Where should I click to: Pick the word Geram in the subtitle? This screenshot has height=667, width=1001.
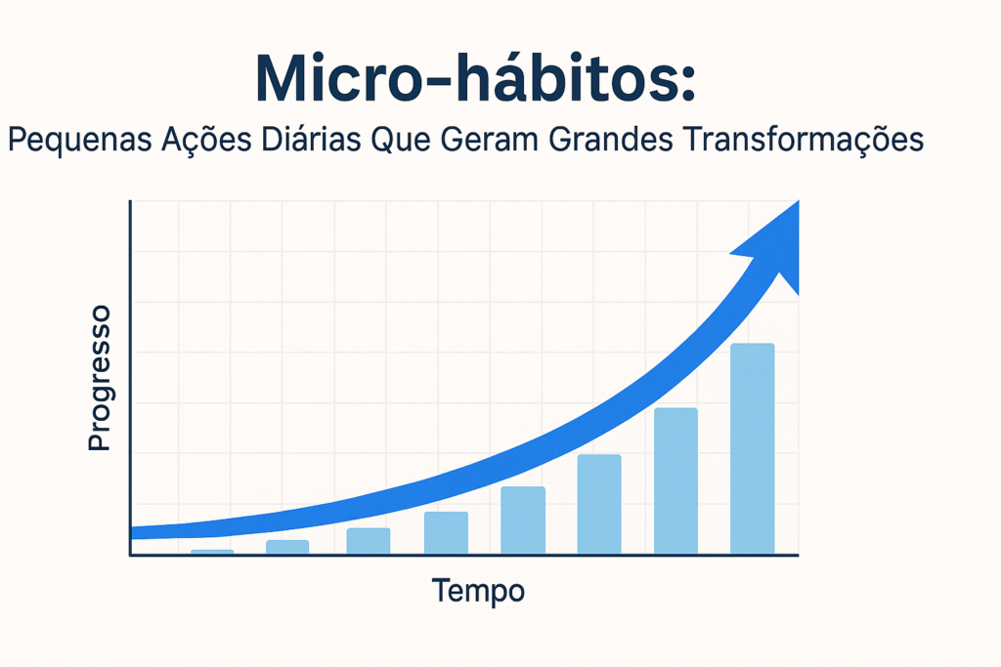click(x=490, y=139)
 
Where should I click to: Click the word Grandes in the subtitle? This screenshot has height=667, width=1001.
click(x=611, y=139)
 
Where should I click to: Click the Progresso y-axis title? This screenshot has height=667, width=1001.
click(x=99, y=378)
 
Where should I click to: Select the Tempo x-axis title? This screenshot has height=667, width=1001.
click(x=478, y=591)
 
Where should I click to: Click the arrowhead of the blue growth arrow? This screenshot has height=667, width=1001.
click(x=773, y=245)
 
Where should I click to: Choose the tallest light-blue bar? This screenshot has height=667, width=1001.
click(x=753, y=449)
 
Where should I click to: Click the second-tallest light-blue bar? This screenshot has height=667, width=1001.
click(x=676, y=480)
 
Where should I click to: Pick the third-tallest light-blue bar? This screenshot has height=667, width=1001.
click(x=599, y=504)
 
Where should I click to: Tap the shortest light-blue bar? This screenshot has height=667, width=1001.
click(x=212, y=552)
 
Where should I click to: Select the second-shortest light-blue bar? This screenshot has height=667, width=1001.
click(x=287, y=547)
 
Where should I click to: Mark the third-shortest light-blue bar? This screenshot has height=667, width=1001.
click(x=369, y=541)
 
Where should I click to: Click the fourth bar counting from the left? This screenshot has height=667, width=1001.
click(x=446, y=532)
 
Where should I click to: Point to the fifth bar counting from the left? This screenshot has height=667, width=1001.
click(x=523, y=521)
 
